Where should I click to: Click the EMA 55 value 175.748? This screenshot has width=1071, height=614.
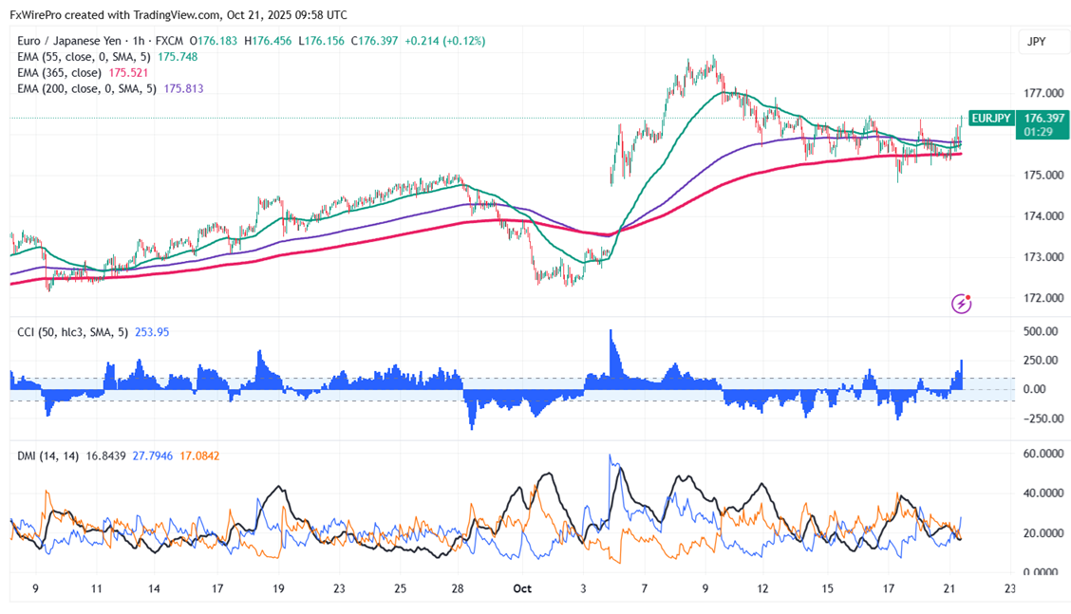coord(177,57)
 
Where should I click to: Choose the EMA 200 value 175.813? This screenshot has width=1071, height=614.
coord(184,89)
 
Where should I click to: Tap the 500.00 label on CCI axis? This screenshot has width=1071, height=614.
coord(1039,331)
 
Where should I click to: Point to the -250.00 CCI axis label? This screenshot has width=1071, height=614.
coord(1037,419)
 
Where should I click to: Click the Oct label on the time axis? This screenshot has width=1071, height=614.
coord(522,588)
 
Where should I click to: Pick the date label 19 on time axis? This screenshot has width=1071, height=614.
coord(278,588)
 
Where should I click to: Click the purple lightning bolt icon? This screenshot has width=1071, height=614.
coord(962,304)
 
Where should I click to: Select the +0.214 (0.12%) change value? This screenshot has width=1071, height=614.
coord(445,42)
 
